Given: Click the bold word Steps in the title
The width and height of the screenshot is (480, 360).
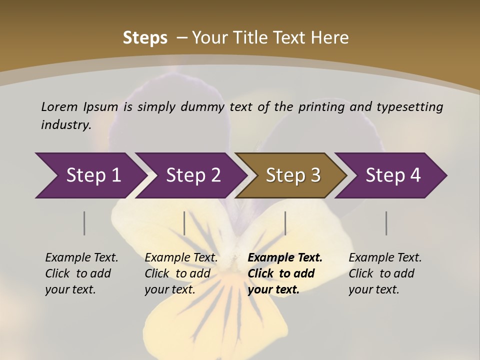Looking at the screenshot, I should tap(145, 38).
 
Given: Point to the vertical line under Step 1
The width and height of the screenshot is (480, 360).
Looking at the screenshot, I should tap(84, 223).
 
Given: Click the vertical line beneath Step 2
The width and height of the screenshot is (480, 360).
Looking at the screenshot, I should tap(184, 223).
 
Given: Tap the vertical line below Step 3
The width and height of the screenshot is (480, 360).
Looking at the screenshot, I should tap(285, 223).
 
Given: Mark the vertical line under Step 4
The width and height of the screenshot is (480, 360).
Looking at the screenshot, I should tap(386, 223).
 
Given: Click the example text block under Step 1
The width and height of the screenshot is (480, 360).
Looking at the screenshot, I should tap(81, 273).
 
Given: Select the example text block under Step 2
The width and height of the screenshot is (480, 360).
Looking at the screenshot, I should tap(181, 273).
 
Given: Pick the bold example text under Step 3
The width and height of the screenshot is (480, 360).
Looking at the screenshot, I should tap(285, 273).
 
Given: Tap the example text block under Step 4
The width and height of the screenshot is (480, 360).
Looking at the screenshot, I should tap(385, 273).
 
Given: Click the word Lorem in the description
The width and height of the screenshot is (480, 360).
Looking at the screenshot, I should tap(59, 106).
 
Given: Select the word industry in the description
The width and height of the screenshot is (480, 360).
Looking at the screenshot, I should tap(65, 124).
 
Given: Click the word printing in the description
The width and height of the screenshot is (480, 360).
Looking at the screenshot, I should tap(320, 106).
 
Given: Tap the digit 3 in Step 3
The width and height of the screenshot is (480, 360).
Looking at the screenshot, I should tap(315, 175).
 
